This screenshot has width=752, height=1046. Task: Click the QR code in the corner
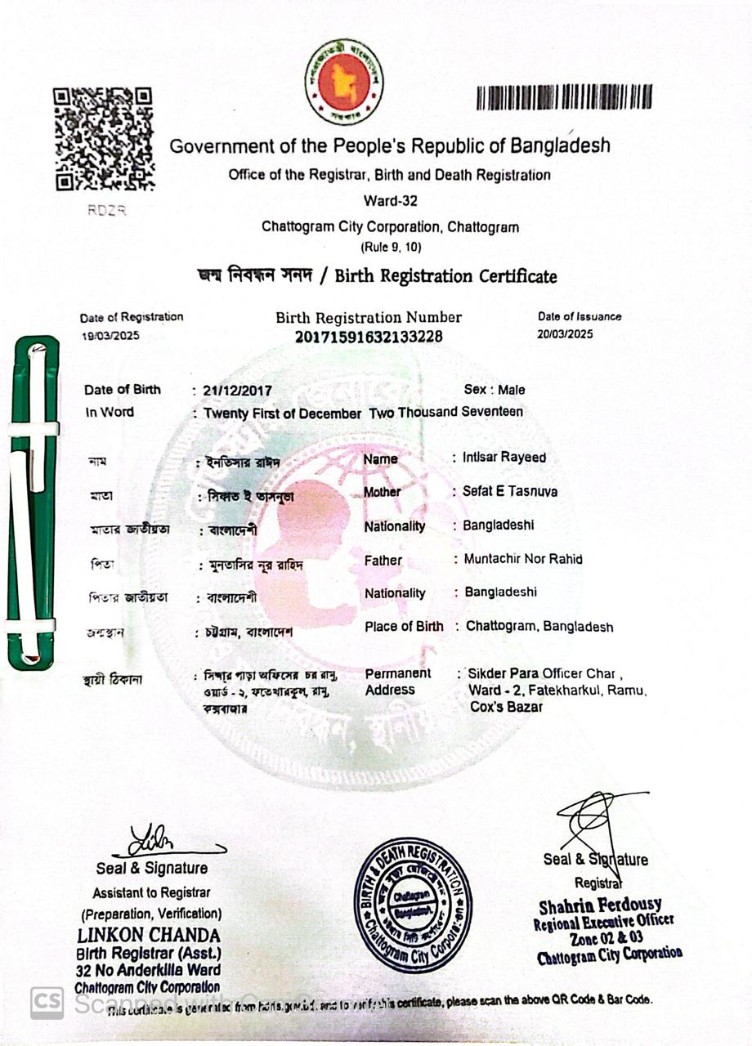point(104,138)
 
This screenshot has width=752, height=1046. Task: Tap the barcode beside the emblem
point(564,96)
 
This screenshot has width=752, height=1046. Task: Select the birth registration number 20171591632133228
point(369,335)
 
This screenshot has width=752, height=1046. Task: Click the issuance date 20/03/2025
point(566,334)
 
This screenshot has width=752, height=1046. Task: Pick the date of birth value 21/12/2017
point(238,391)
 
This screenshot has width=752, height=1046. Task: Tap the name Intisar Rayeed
point(505,458)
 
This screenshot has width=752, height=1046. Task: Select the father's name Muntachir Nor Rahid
point(523,560)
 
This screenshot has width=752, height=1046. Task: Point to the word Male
point(512,391)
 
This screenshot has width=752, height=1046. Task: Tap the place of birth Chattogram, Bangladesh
point(539,627)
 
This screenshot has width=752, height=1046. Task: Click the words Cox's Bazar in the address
point(506,707)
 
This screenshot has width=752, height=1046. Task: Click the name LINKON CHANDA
point(149,935)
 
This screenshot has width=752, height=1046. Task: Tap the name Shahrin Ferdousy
point(601,905)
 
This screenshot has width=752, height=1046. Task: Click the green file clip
point(33,503)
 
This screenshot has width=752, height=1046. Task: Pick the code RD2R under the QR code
point(107,210)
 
